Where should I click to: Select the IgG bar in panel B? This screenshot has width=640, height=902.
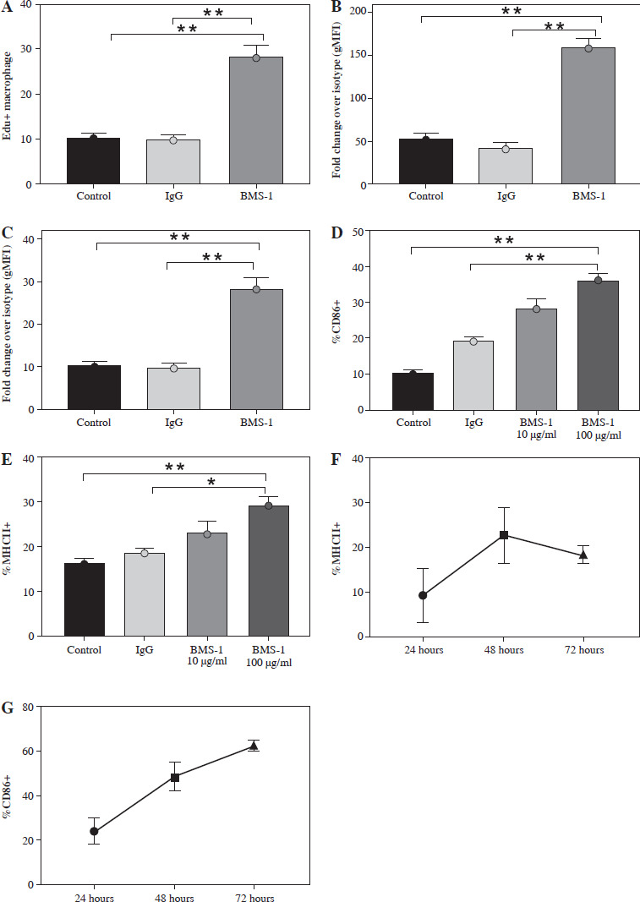click(x=506, y=167)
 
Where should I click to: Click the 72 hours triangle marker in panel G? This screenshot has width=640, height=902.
click(x=253, y=746)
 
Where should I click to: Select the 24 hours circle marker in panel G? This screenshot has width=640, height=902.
click(x=94, y=831)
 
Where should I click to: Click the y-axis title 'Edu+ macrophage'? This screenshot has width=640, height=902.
click(x=12, y=94)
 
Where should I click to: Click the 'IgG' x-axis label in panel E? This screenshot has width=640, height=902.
click(x=145, y=650)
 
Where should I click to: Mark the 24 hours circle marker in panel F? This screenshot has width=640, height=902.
click(x=423, y=595)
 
